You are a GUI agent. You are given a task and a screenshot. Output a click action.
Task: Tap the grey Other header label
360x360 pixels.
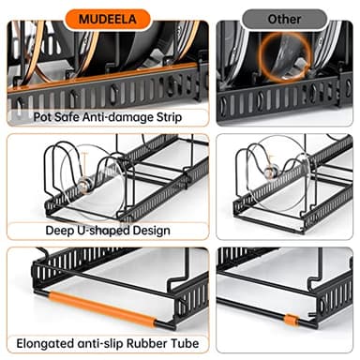tap(284, 18)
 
